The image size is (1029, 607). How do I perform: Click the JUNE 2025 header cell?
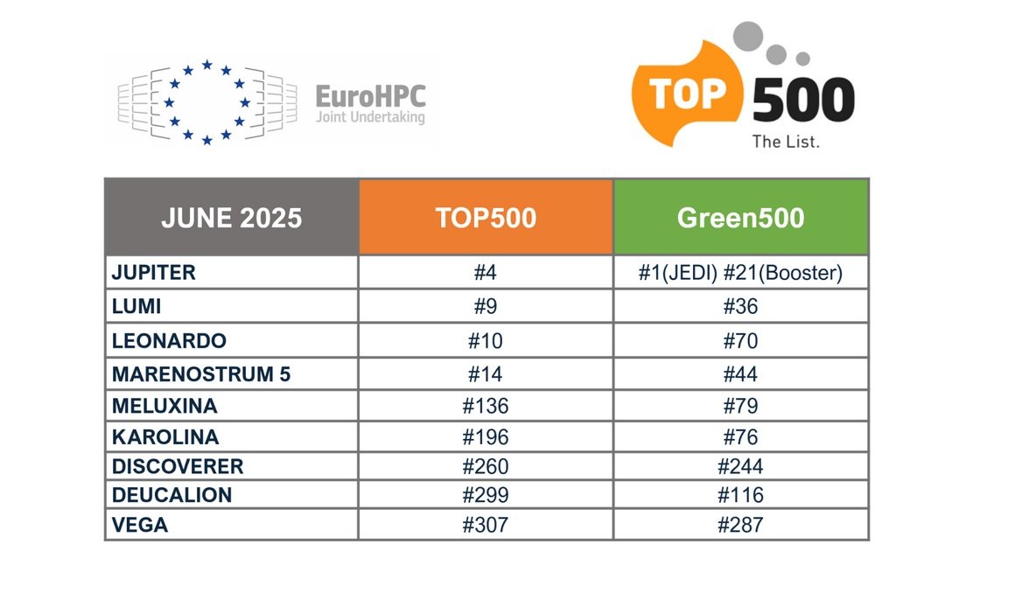(x=231, y=218)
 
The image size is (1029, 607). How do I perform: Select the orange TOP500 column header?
(x=486, y=218)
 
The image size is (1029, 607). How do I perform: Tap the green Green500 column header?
(x=740, y=218)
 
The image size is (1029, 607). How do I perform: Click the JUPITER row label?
(x=154, y=273)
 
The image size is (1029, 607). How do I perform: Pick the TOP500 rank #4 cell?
(x=486, y=273)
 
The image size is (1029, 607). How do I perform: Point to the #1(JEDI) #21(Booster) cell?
(x=740, y=273)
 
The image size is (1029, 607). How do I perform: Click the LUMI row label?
(x=136, y=307)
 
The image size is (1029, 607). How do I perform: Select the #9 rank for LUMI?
(x=486, y=307)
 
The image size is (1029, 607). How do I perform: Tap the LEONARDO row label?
(x=169, y=341)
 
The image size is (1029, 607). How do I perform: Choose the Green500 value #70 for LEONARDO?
(x=740, y=341)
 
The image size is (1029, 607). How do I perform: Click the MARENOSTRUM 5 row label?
(x=201, y=374)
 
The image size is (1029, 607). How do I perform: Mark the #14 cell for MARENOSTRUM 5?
(x=486, y=374)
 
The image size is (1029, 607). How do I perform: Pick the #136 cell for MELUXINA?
(x=486, y=407)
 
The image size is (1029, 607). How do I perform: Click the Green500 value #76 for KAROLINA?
(x=740, y=436)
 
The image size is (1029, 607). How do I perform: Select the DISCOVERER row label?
(x=178, y=466)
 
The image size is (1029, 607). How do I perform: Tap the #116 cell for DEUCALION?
(x=740, y=495)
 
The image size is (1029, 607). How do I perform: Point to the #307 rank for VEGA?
(x=486, y=525)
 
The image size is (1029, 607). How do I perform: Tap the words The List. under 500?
(x=786, y=141)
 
